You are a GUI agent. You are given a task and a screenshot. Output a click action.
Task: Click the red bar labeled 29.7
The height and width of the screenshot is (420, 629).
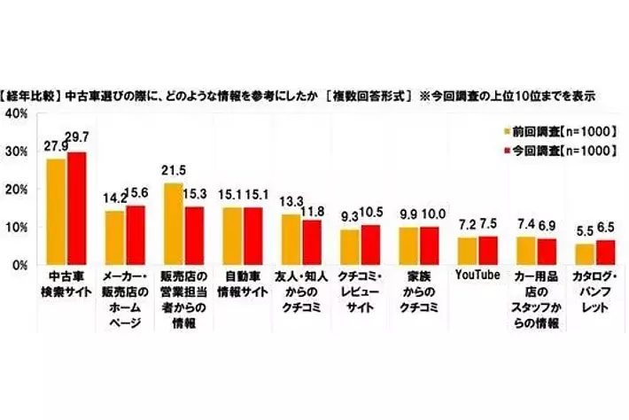click(x=77, y=208)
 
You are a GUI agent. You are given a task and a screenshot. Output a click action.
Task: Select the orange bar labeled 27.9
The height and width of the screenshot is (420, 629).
click(x=57, y=212)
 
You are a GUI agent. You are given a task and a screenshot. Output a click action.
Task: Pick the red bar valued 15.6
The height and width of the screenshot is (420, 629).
click(x=136, y=235)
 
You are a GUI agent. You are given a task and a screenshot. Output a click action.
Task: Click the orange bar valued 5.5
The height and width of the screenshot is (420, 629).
click(x=585, y=253)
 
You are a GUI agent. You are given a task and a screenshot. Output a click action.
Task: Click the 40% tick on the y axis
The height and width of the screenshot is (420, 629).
click(x=16, y=113)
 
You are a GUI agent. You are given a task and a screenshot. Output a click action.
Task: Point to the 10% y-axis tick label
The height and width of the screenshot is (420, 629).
click(x=16, y=227)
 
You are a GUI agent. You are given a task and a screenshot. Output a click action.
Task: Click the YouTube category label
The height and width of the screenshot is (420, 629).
click(x=478, y=275)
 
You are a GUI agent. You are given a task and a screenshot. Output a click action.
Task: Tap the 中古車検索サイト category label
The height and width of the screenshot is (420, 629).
click(x=67, y=283)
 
